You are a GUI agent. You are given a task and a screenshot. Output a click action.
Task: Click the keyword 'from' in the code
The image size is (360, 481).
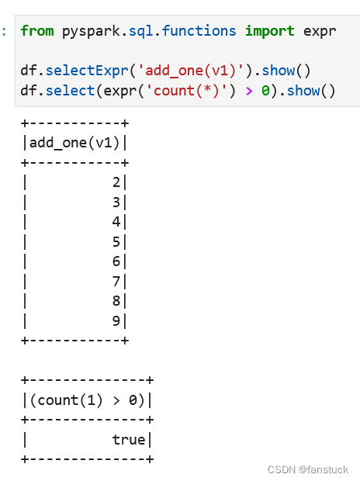point(37,31)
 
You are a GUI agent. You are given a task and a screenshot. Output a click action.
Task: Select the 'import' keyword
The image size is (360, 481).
point(270,31)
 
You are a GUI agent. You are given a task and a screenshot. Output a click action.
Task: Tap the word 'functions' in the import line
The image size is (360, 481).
point(199,31)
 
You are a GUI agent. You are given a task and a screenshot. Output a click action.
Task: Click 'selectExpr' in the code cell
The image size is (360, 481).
point(87,71)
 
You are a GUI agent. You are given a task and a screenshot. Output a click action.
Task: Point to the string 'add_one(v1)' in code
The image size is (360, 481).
point(190,71)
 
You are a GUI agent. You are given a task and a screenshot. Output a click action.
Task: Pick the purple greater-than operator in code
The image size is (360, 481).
point(249,91)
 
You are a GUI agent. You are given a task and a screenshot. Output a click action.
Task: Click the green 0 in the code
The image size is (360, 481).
point(265,91)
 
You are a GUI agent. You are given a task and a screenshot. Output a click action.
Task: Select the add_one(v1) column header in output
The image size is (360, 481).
point(74,143)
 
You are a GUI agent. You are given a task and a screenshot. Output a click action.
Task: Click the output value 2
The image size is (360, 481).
point(116,182)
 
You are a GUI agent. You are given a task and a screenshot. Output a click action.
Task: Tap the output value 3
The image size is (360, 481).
point(116,202)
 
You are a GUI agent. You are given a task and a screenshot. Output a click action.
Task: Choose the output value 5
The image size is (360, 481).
point(116,242)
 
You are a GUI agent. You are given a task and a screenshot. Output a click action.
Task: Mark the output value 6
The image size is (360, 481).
point(116,261)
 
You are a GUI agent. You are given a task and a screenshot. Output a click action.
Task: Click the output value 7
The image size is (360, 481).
point(116,282)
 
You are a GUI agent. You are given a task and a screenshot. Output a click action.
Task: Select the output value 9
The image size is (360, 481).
point(116,321)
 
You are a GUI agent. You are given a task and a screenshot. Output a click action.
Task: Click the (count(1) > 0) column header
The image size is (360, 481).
point(87,400)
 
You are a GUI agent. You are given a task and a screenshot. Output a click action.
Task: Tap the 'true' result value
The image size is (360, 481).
point(129,440)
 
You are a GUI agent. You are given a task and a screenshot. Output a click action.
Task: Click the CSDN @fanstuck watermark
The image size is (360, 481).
point(308,469)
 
